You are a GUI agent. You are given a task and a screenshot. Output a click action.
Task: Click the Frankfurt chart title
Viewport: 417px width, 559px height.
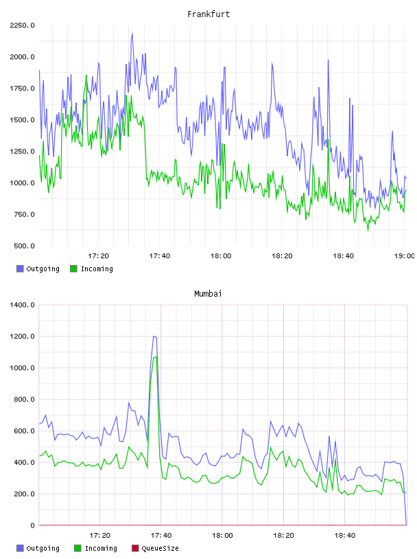[208, 14]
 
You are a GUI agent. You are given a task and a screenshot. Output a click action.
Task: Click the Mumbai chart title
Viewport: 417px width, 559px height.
[208, 293]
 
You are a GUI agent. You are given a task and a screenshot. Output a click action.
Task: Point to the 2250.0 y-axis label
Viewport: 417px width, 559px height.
[22, 25]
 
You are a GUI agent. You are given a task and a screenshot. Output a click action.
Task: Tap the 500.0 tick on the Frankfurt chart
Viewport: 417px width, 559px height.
[24, 246]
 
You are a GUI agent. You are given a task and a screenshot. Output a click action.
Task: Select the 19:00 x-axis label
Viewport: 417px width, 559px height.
[404, 256]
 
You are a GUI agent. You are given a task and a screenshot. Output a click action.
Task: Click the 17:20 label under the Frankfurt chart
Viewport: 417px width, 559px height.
[98, 256]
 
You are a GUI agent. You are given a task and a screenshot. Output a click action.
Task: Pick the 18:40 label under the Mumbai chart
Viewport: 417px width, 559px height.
[344, 536]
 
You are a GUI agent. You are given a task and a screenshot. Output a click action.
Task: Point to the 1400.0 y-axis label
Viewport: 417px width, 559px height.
[22, 305]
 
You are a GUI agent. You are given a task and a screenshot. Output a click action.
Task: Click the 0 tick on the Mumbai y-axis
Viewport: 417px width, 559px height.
[32, 525]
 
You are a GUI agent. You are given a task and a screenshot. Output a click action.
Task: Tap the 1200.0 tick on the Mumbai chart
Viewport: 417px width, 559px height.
[22, 336]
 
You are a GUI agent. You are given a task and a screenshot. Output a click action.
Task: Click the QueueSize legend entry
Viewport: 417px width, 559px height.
[160, 548]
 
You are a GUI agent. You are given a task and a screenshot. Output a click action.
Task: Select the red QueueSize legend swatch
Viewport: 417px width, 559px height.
[135, 548]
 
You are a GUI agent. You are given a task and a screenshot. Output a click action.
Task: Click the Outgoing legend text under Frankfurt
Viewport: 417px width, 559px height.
[43, 269]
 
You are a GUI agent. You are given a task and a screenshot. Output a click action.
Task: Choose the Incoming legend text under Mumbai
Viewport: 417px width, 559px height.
[101, 548]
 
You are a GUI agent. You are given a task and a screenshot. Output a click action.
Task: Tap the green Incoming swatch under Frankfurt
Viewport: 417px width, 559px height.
[73, 269]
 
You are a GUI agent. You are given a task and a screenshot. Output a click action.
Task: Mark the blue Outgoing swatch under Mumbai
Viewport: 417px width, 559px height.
[20, 548]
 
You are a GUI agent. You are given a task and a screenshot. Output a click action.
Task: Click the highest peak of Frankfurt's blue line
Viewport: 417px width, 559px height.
[132, 33]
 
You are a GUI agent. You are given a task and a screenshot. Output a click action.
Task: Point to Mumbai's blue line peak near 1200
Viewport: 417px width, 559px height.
[154, 336]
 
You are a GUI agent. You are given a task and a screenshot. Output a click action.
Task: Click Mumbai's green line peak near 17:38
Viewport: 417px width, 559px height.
[156, 357]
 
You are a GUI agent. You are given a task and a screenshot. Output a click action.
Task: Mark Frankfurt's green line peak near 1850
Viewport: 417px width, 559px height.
[86, 75]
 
